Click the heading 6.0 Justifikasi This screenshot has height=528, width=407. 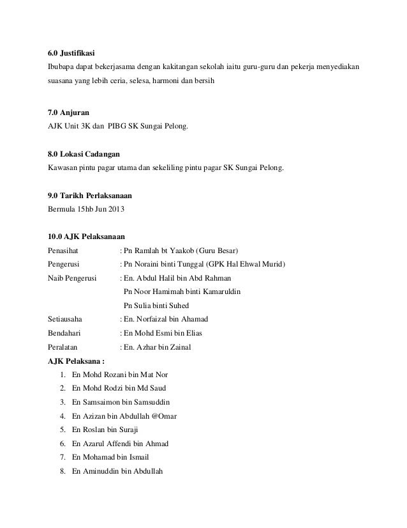point(71,52)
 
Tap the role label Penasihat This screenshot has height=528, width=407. point(64,251)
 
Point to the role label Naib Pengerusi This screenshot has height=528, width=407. point(72,279)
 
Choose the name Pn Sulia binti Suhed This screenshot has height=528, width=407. point(156,306)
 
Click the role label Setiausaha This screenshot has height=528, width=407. point(66,320)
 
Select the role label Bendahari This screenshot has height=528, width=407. point(66,334)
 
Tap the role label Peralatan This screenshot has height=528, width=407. point(64,348)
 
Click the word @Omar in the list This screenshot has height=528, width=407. point(162,416)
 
